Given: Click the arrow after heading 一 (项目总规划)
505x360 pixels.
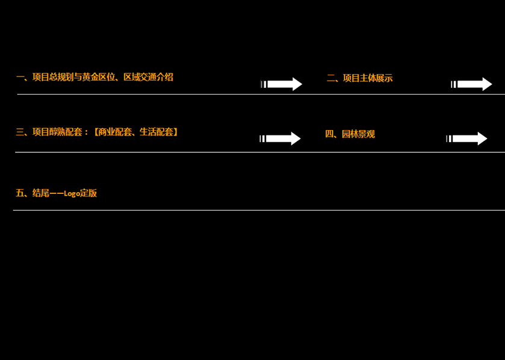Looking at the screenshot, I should click(x=282, y=84).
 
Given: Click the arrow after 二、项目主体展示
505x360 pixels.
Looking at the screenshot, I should click(x=472, y=84).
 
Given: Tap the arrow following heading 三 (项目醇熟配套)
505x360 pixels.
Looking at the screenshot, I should click(x=280, y=138).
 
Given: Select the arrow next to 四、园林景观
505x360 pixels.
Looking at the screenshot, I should click(x=467, y=138).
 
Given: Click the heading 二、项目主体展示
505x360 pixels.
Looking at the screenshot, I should click(x=359, y=78).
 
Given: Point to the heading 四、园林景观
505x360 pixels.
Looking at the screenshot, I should click(x=350, y=134).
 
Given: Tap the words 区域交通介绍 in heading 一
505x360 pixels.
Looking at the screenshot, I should click(x=148, y=77).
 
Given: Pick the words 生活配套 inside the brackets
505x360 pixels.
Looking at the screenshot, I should click(x=156, y=132).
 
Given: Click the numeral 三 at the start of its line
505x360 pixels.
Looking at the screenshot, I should click(x=20, y=132).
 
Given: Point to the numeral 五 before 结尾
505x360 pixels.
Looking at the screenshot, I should click(x=20, y=193).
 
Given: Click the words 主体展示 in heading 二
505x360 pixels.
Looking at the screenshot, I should click(x=376, y=78).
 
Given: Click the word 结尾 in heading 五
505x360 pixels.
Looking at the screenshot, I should click(x=40, y=193).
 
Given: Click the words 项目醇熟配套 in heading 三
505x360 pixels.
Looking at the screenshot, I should click(x=57, y=132).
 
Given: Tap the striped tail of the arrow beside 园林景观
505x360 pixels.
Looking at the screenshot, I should click(x=449, y=138).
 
